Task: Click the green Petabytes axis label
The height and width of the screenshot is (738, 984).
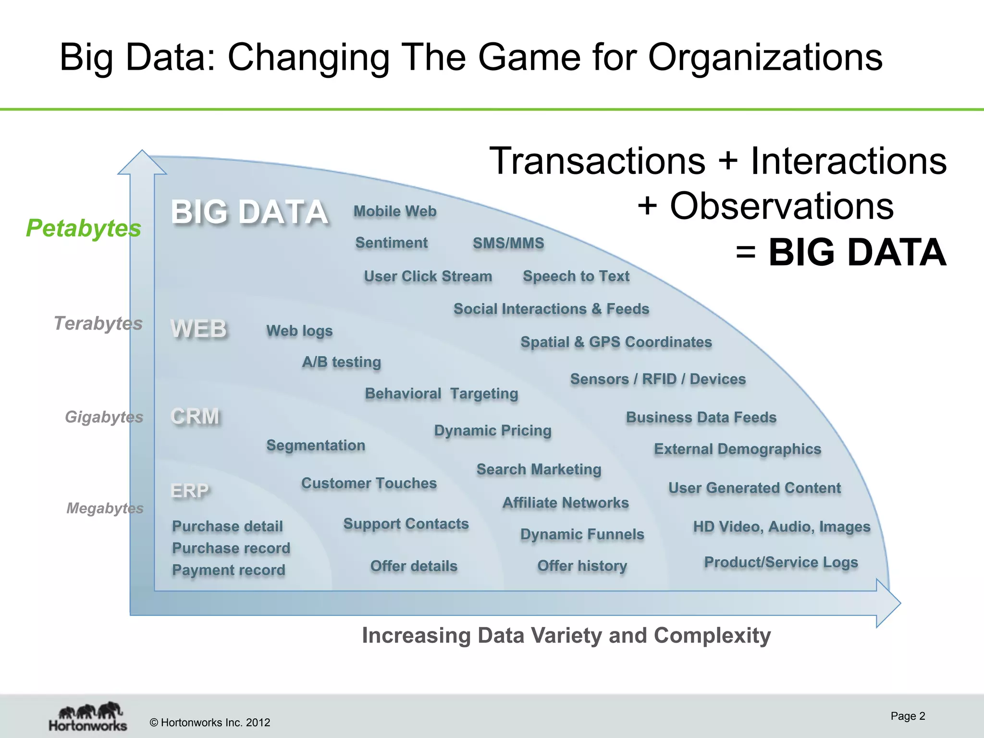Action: tap(84, 228)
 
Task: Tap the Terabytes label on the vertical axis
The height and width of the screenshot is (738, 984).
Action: tap(98, 323)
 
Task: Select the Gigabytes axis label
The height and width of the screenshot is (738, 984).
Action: tap(104, 417)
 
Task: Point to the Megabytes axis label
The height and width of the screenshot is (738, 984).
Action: tap(105, 508)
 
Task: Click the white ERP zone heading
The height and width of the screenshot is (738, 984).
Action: tap(190, 491)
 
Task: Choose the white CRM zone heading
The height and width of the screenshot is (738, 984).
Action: tap(195, 416)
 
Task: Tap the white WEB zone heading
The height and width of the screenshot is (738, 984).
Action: tap(198, 329)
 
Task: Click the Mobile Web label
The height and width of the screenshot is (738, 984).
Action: tap(395, 211)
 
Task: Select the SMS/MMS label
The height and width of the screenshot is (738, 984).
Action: tap(508, 243)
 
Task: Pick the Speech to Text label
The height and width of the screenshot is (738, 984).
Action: tap(576, 276)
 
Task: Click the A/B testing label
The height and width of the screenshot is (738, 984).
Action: tap(341, 362)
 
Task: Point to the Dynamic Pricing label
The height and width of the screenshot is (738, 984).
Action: tap(492, 430)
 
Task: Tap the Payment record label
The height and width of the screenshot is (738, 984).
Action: tap(229, 570)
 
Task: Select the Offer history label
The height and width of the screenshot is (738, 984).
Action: tap(582, 566)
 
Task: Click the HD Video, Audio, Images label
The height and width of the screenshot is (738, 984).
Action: tap(781, 527)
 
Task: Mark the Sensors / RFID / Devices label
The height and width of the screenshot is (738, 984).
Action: tap(658, 379)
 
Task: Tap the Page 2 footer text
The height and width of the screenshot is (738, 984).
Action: tap(907, 716)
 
